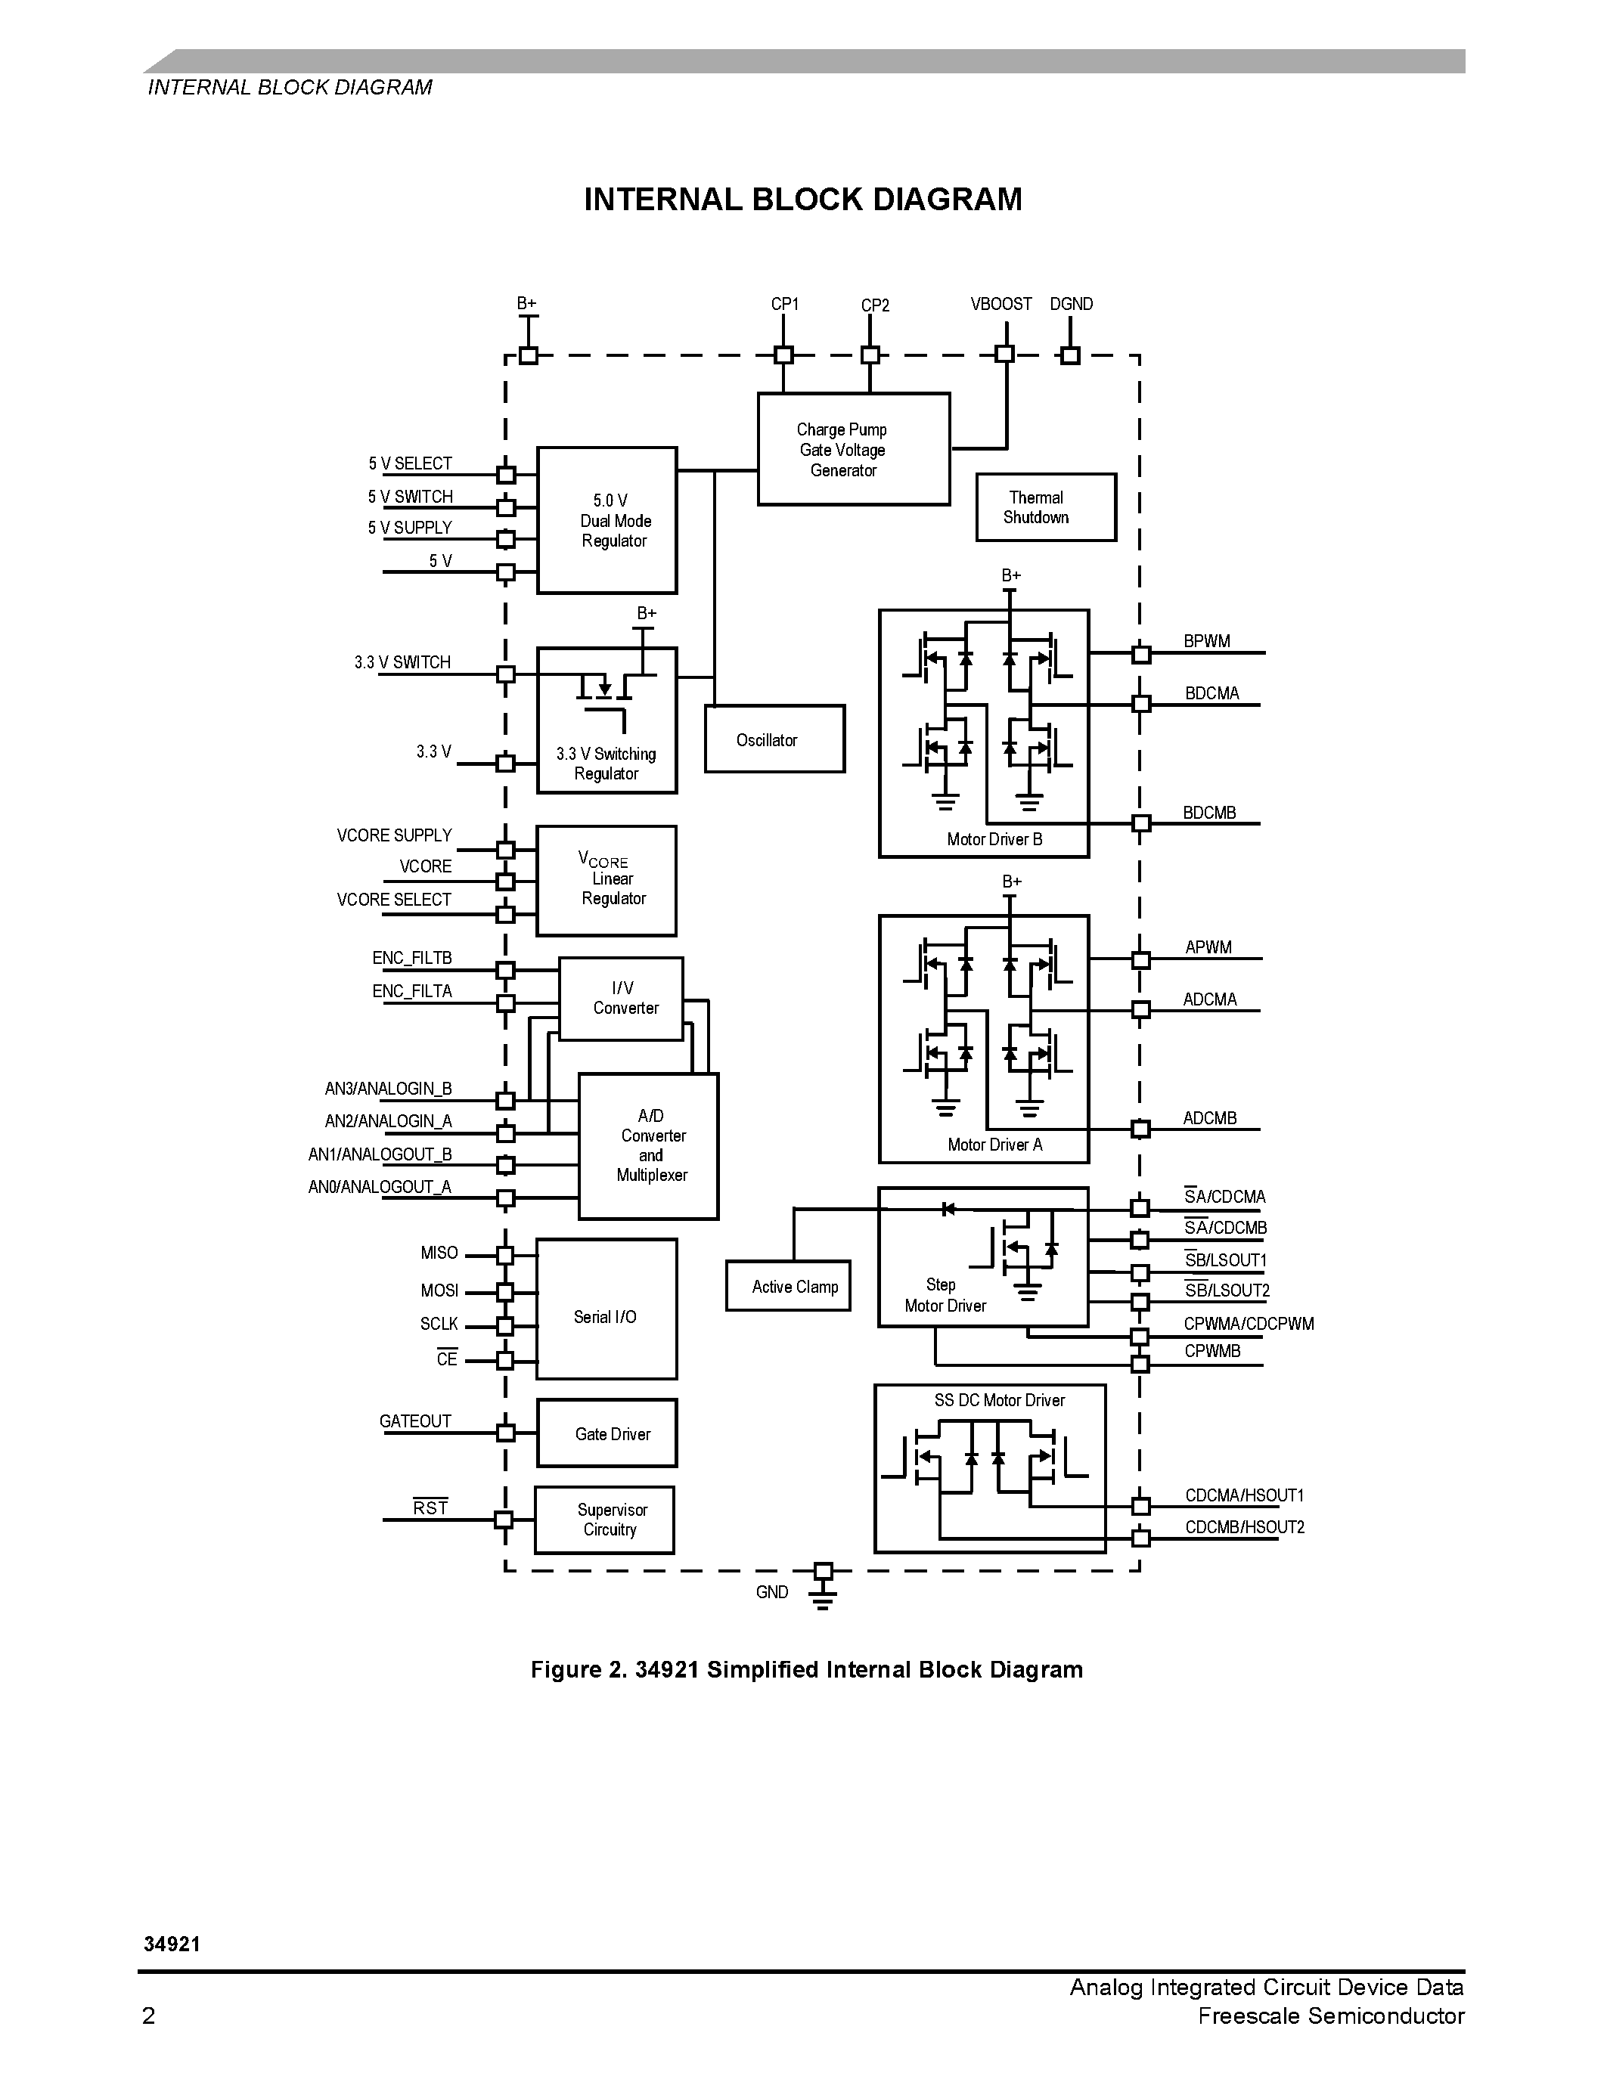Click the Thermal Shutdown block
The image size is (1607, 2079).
[1045, 507]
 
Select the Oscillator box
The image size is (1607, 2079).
[774, 739]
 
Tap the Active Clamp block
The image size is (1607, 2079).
[787, 1286]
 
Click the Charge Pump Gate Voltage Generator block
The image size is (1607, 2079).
[853, 448]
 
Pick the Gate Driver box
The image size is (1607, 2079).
[607, 1433]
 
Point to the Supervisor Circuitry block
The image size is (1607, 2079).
[604, 1520]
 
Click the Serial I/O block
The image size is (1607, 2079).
[607, 1308]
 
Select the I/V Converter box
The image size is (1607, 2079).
[621, 999]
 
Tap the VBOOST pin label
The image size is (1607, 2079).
[1000, 304]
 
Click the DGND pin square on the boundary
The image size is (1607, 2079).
[1070, 356]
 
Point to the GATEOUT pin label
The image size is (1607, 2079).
[415, 1421]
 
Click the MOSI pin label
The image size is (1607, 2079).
[439, 1290]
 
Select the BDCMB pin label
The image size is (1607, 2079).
[1209, 812]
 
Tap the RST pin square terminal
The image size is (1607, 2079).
[504, 1520]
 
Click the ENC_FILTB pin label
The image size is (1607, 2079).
[411, 958]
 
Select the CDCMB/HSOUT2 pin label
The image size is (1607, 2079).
[1244, 1527]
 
